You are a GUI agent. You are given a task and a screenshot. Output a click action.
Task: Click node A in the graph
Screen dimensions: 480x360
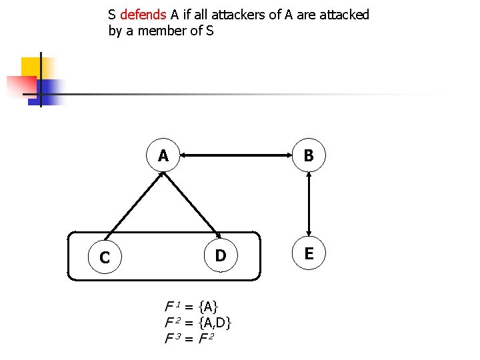163,156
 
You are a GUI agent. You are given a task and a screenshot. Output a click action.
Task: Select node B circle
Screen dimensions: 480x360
309,156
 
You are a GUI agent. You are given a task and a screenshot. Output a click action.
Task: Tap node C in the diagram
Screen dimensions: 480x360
105,257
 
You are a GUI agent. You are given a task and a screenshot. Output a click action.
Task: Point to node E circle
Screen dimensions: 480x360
309,253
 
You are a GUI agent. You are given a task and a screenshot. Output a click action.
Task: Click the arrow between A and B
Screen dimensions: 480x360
236,156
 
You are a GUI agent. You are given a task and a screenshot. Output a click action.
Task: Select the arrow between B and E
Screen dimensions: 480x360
309,205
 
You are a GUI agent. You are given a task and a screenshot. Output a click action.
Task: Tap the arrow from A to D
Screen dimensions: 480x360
193,206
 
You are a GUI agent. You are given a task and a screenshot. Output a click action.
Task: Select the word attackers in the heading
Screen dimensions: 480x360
235,15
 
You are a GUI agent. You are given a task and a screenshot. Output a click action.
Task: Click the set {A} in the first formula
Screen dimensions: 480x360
209,307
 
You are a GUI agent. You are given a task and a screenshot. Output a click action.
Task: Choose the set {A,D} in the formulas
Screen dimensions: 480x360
215,323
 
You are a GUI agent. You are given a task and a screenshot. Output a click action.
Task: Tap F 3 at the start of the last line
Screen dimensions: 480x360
172,339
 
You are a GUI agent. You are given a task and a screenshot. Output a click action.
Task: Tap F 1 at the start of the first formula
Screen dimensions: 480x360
172,307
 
